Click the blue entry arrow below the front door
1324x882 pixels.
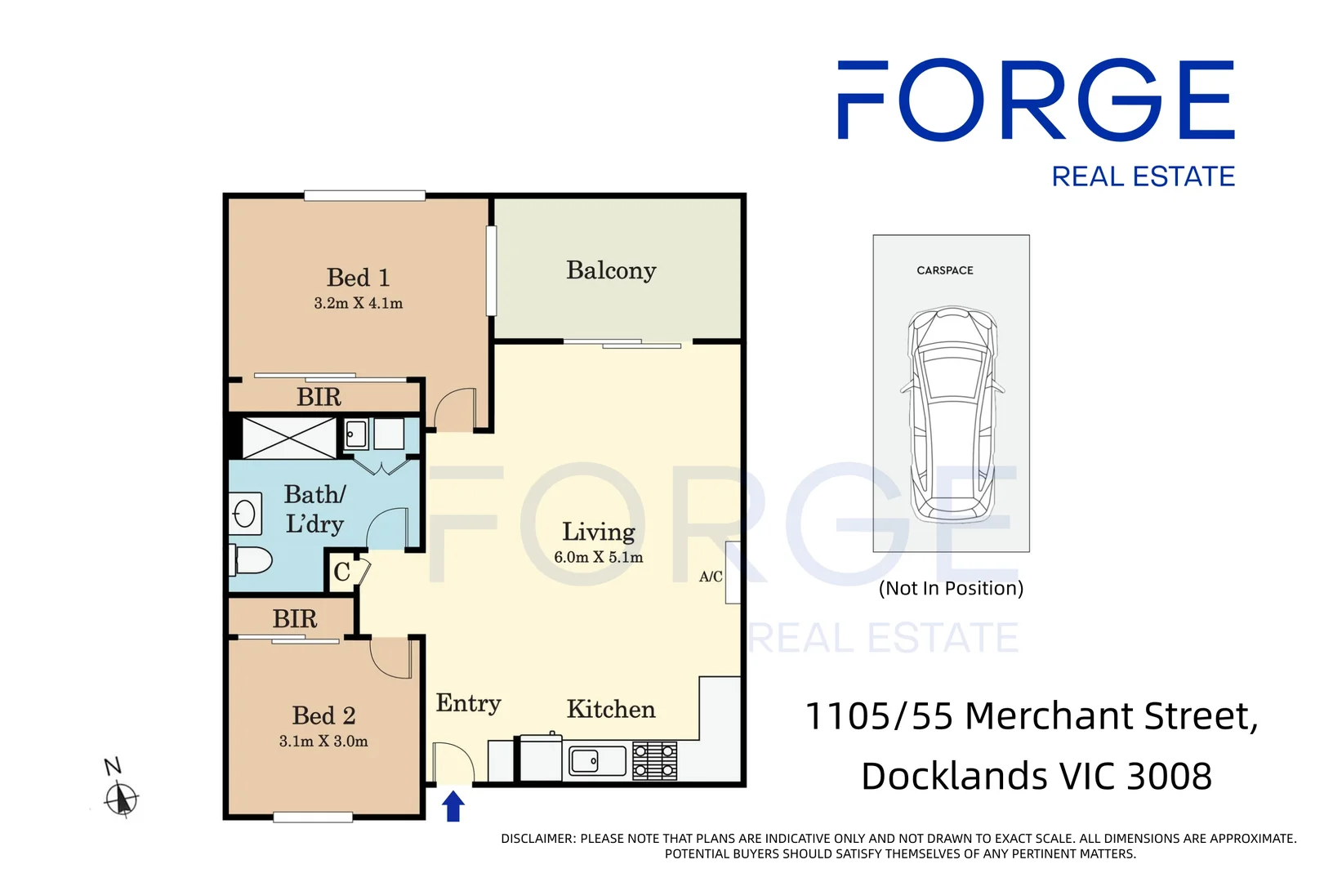click(x=453, y=806)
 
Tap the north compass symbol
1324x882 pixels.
click(x=122, y=798)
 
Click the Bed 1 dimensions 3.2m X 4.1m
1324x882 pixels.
click(x=358, y=303)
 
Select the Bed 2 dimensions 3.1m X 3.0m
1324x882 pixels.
click(x=323, y=742)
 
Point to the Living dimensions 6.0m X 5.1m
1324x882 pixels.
click(x=598, y=558)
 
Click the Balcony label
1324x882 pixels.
click(x=611, y=270)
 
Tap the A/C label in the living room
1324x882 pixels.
click(x=711, y=577)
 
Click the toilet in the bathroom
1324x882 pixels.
click(x=252, y=560)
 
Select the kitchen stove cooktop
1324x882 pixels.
click(x=655, y=760)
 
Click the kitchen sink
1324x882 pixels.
click(x=596, y=761)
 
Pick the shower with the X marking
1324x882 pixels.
click(x=289, y=438)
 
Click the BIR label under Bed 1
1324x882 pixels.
click(x=319, y=398)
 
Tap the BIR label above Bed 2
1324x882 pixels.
click(x=295, y=619)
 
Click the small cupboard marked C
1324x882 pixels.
click(x=342, y=572)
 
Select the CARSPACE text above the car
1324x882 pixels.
click(x=944, y=270)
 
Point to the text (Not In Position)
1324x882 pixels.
click(x=951, y=589)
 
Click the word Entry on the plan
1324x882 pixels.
click(x=468, y=703)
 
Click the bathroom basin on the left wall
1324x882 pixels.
click(x=245, y=514)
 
